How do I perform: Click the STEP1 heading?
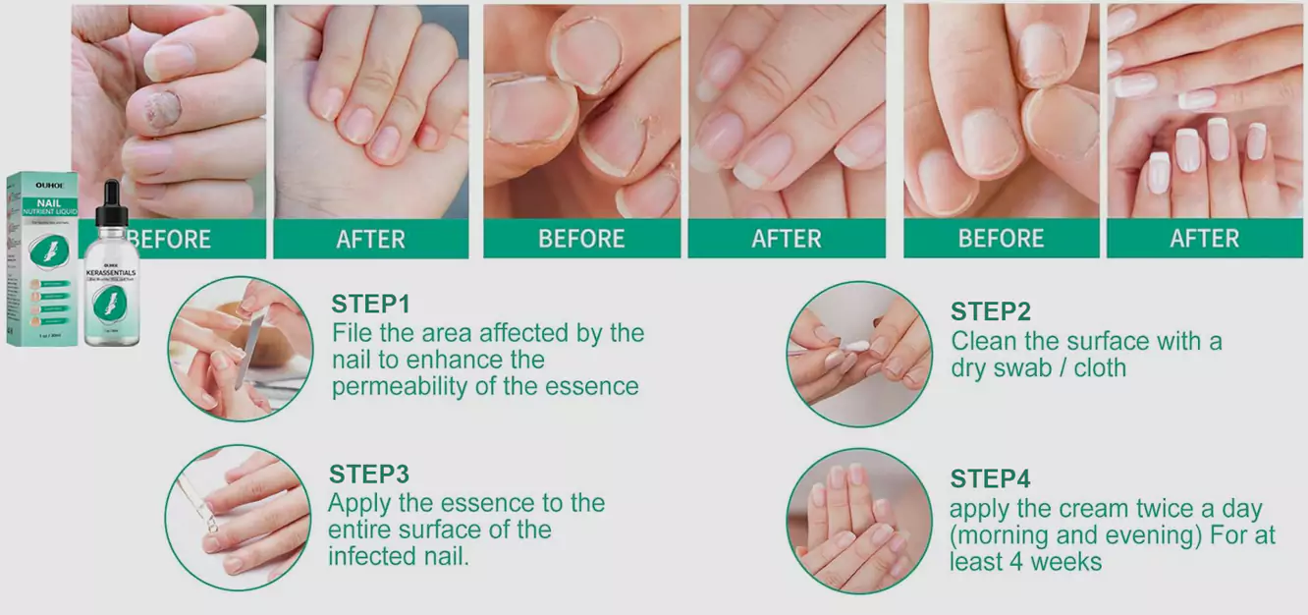pyautogui.click(x=370, y=304)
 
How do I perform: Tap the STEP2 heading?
pyautogui.click(x=990, y=312)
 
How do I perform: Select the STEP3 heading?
pyautogui.click(x=368, y=474)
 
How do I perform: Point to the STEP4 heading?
pyautogui.click(x=990, y=479)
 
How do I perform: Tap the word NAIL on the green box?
pyautogui.click(x=48, y=199)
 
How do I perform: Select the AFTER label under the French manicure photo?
pyautogui.click(x=1204, y=239)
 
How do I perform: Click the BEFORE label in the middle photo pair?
pyautogui.click(x=581, y=239)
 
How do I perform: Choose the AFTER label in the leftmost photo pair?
pyautogui.click(x=370, y=239)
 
